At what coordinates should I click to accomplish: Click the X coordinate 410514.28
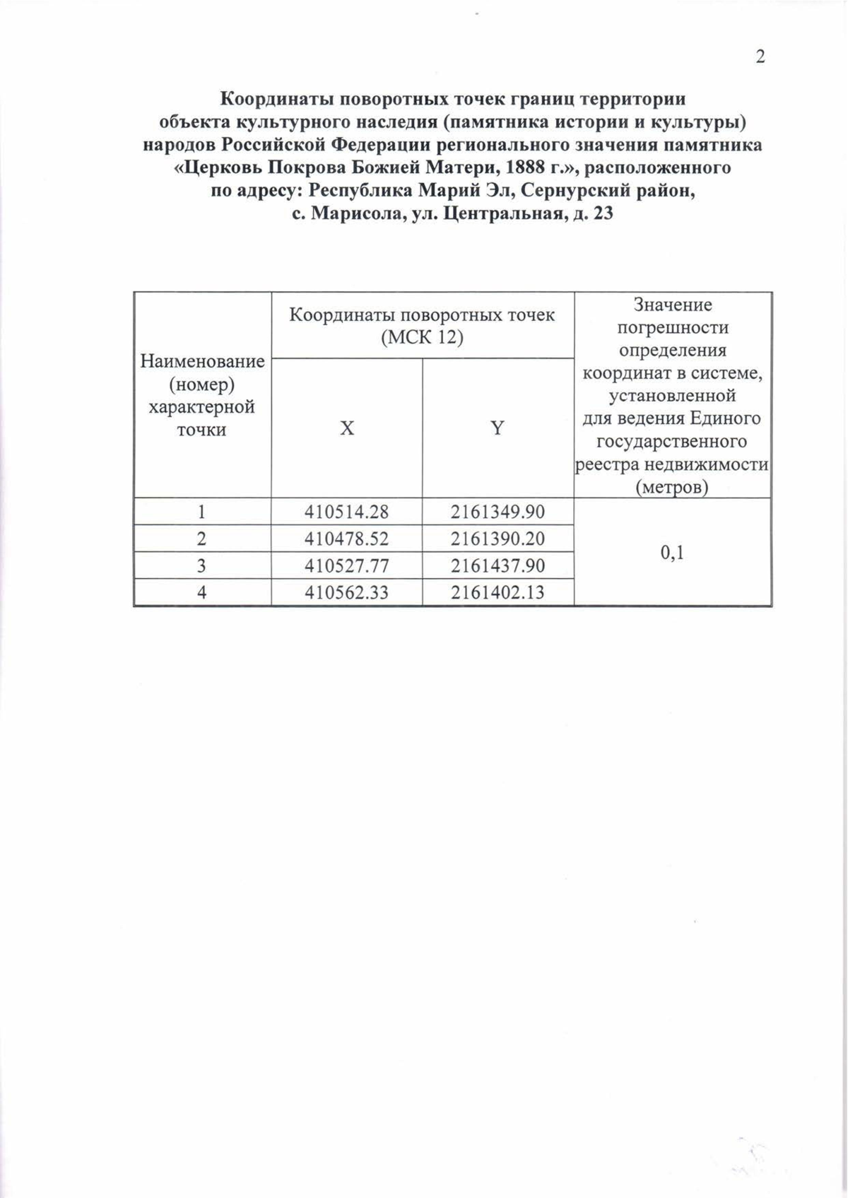(x=346, y=511)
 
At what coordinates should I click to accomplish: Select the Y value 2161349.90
(x=497, y=511)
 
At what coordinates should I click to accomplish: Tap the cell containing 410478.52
(x=346, y=539)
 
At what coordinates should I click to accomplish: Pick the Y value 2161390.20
(x=497, y=539)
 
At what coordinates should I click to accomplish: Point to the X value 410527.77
(x=346, y=565)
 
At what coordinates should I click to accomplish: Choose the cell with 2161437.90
(x=497, y=565)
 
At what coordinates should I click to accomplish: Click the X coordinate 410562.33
(x=346, y=592)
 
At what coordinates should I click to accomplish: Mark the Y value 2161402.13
(x=497, y=592)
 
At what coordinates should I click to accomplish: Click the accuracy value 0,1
(x=672, y=553)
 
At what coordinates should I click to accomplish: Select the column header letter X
(x=346, y=428)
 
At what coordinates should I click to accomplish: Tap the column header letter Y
(x=497, y=428)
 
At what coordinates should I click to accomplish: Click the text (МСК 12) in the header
(x=422, y=338)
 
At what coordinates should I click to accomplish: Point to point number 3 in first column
(x=202, y=565)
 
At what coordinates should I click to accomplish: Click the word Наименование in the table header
(x=202, y=362)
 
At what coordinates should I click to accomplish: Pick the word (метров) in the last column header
(x=672, y=488)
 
